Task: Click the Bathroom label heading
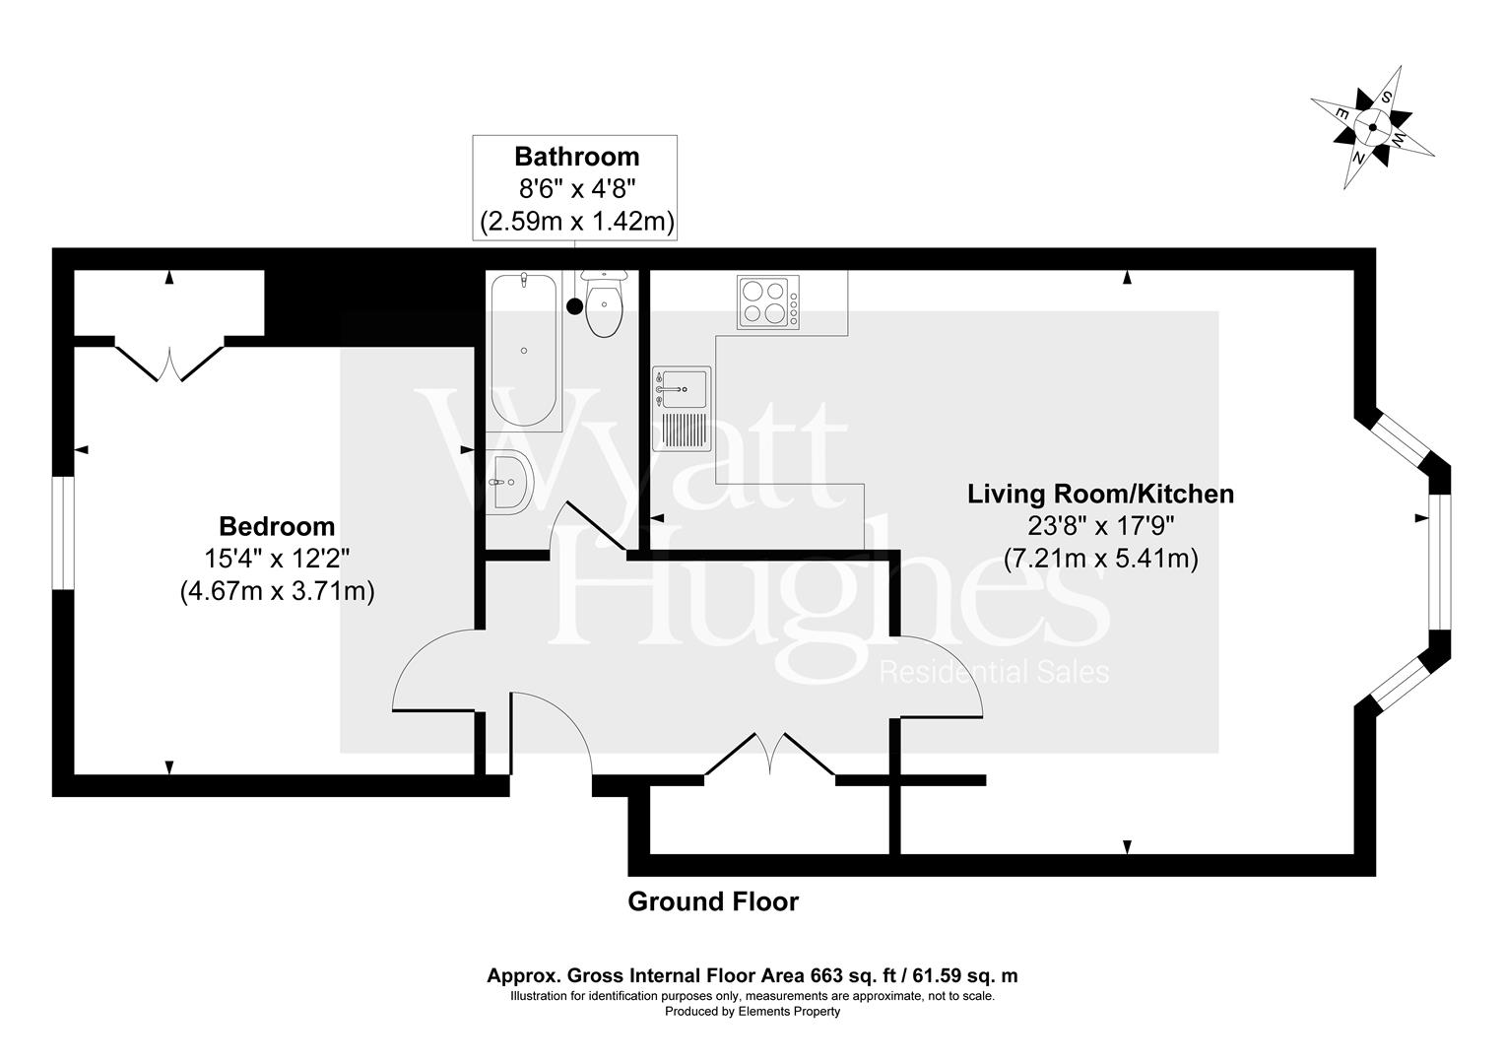tap(576, 157)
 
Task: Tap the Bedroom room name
tap(277, 526)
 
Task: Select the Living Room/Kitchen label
tap(1100, 494)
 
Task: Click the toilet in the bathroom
tap(604, 305)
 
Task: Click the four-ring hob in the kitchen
tap(767, 302)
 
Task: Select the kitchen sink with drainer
tap(681, 408)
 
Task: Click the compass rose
tap(1372, 126)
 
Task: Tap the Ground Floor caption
tap(713, 901)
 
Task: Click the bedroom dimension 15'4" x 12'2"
tap(277, 559)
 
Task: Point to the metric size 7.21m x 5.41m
tap(1100, 559)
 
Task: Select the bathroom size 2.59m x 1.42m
tap(576, 222)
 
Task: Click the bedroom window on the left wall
tap(63, 533)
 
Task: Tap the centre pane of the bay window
tap(1440, 562)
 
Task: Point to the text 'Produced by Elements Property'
tap(752, 1012)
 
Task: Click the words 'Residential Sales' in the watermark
tap(994, 673)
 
